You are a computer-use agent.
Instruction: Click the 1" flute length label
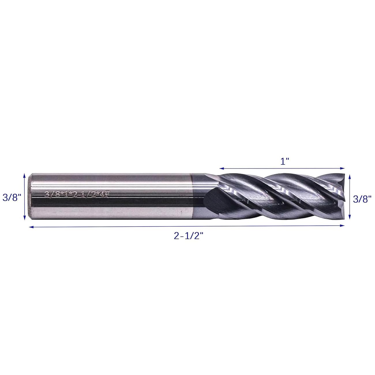(x=285, y=161)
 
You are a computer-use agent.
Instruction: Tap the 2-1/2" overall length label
(x=189, y=236)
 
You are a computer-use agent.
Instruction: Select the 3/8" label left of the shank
(x=12, y=198)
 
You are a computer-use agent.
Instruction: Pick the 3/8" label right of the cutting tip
(x=362, y=199)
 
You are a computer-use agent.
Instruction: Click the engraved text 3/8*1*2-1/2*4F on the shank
(x=76, y=194)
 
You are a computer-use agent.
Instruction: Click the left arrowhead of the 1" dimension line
(x=221, y=168)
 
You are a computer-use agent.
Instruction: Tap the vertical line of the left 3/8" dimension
(x=24, y=197)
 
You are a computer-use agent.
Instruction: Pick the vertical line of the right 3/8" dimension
(x=350, y=197)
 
